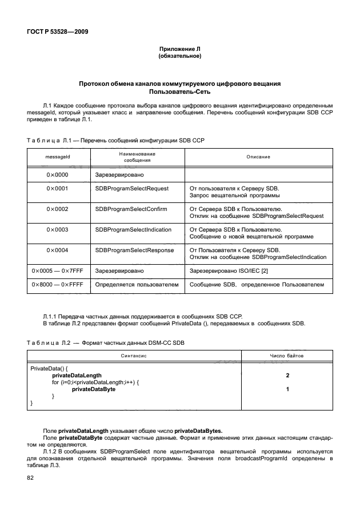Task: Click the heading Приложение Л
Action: (x=179, y=50)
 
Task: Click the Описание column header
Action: (x=258, y=156)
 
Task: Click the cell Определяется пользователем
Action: (x=137, y=284)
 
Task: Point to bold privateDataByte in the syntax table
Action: (x=94, y=389)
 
